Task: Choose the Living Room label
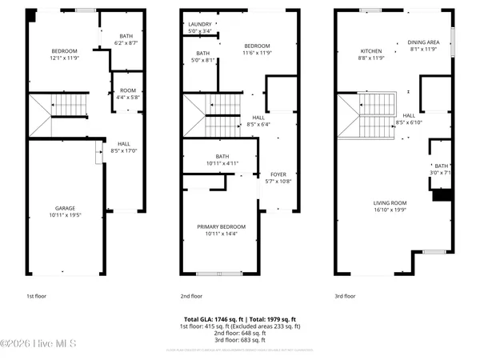pos(392,206)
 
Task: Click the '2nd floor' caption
pos(194,296)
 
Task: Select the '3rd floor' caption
pos(344,296)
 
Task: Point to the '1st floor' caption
pos(38,296)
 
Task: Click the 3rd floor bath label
pos(442,169)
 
